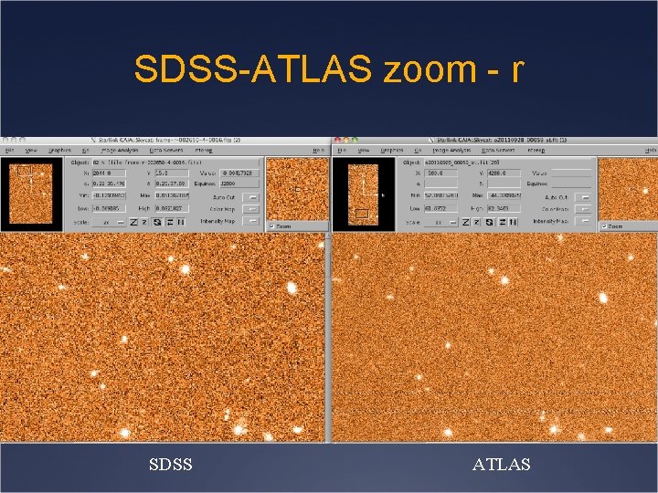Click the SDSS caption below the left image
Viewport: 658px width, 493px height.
pyautogui.click(x=171, y=466)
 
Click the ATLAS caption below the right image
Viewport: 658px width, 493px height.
pyautogui.click(x=501, y=466)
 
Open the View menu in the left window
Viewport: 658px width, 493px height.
pyautogui.click(x=31, y=150)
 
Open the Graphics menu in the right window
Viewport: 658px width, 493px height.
pyautogui.click(x=392, y=150)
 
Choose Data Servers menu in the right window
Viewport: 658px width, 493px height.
pyautogui.click(x=498, y=150)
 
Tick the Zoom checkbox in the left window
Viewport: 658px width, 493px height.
pyautogui.click(x=271, y=226)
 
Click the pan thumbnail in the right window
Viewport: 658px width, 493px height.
pyautogui.click(x=363, y=193)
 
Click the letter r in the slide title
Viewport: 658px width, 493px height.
pyautogui.click(x=516, y=68)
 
